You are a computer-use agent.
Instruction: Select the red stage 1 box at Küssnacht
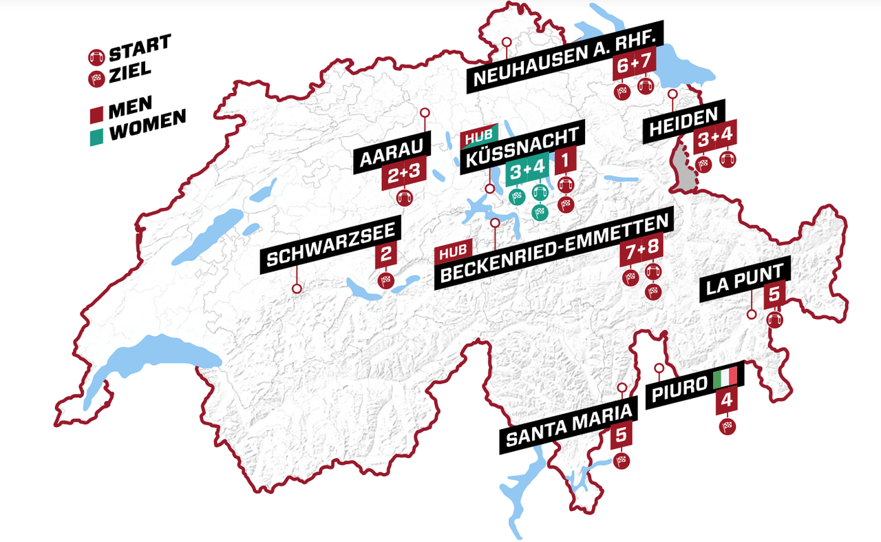(565, 163)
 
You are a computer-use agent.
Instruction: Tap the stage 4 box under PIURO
(727, 402)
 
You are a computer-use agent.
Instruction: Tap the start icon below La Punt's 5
(774, 320)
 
